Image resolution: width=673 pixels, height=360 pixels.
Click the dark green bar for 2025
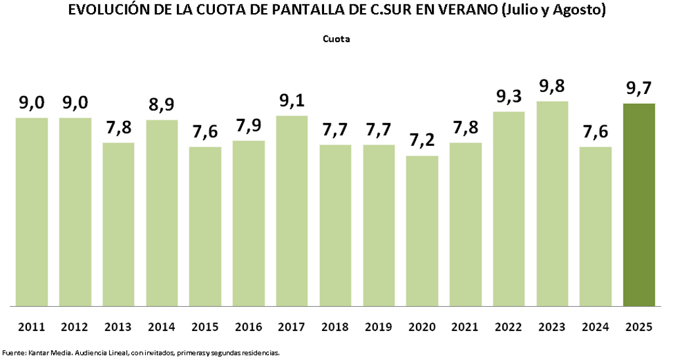click(x=639, y=204)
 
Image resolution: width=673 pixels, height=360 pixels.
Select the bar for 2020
click(x=422, y=231)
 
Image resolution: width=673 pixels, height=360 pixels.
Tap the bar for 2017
click(x=292, y=211)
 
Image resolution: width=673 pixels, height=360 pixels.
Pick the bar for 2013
click(x=118, y=224)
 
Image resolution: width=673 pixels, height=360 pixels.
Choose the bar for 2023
click(x=552, y=204)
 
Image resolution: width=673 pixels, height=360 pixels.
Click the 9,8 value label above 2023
click(x=552, y=87)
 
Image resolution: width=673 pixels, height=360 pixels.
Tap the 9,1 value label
click(x=292, y=102)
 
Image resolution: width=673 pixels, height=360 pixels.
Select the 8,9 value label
click(x=162, y=106)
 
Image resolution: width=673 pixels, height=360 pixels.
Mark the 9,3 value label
click(x=509, y=98)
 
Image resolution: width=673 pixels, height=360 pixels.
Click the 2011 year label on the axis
click(x=32, y=326)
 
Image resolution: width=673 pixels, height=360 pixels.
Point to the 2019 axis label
click(x=379, y=326)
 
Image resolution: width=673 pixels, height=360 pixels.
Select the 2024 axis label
click(x=595, y=326)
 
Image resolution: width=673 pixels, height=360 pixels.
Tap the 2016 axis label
click(x=248, y=326)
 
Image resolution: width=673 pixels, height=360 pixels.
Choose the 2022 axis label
click(x=509, y=326)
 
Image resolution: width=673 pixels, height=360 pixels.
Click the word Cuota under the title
click(x=336, y=39)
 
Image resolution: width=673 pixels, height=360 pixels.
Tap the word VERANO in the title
click(x=466, y=11)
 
